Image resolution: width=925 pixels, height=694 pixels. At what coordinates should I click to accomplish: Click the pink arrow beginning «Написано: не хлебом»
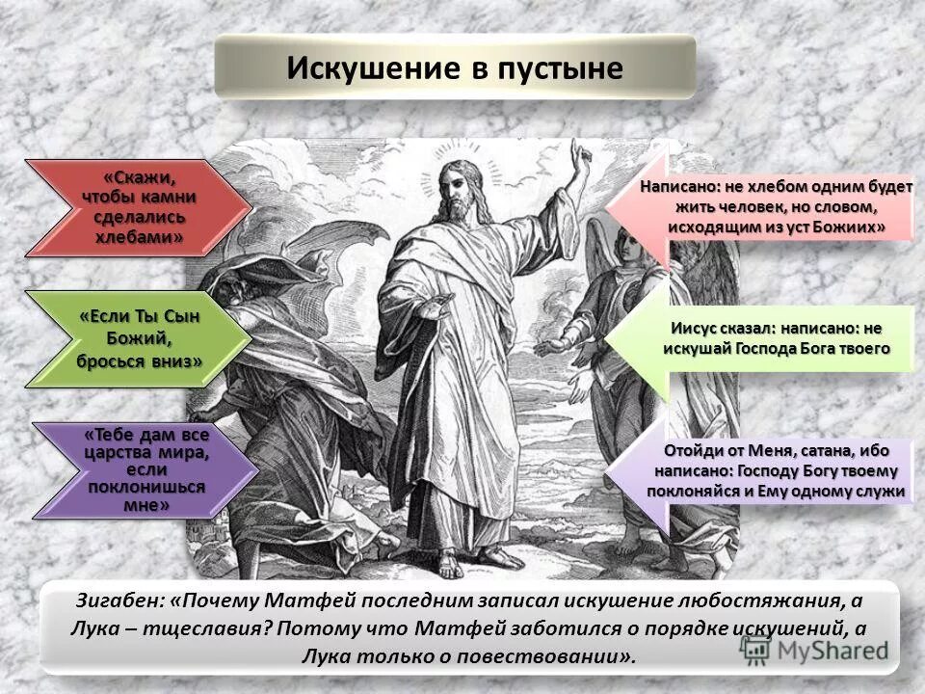pos(761,207)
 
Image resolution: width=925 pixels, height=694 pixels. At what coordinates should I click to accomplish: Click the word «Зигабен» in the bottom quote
pos(118,601)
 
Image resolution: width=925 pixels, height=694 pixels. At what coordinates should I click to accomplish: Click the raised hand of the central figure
pos(579,154)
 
